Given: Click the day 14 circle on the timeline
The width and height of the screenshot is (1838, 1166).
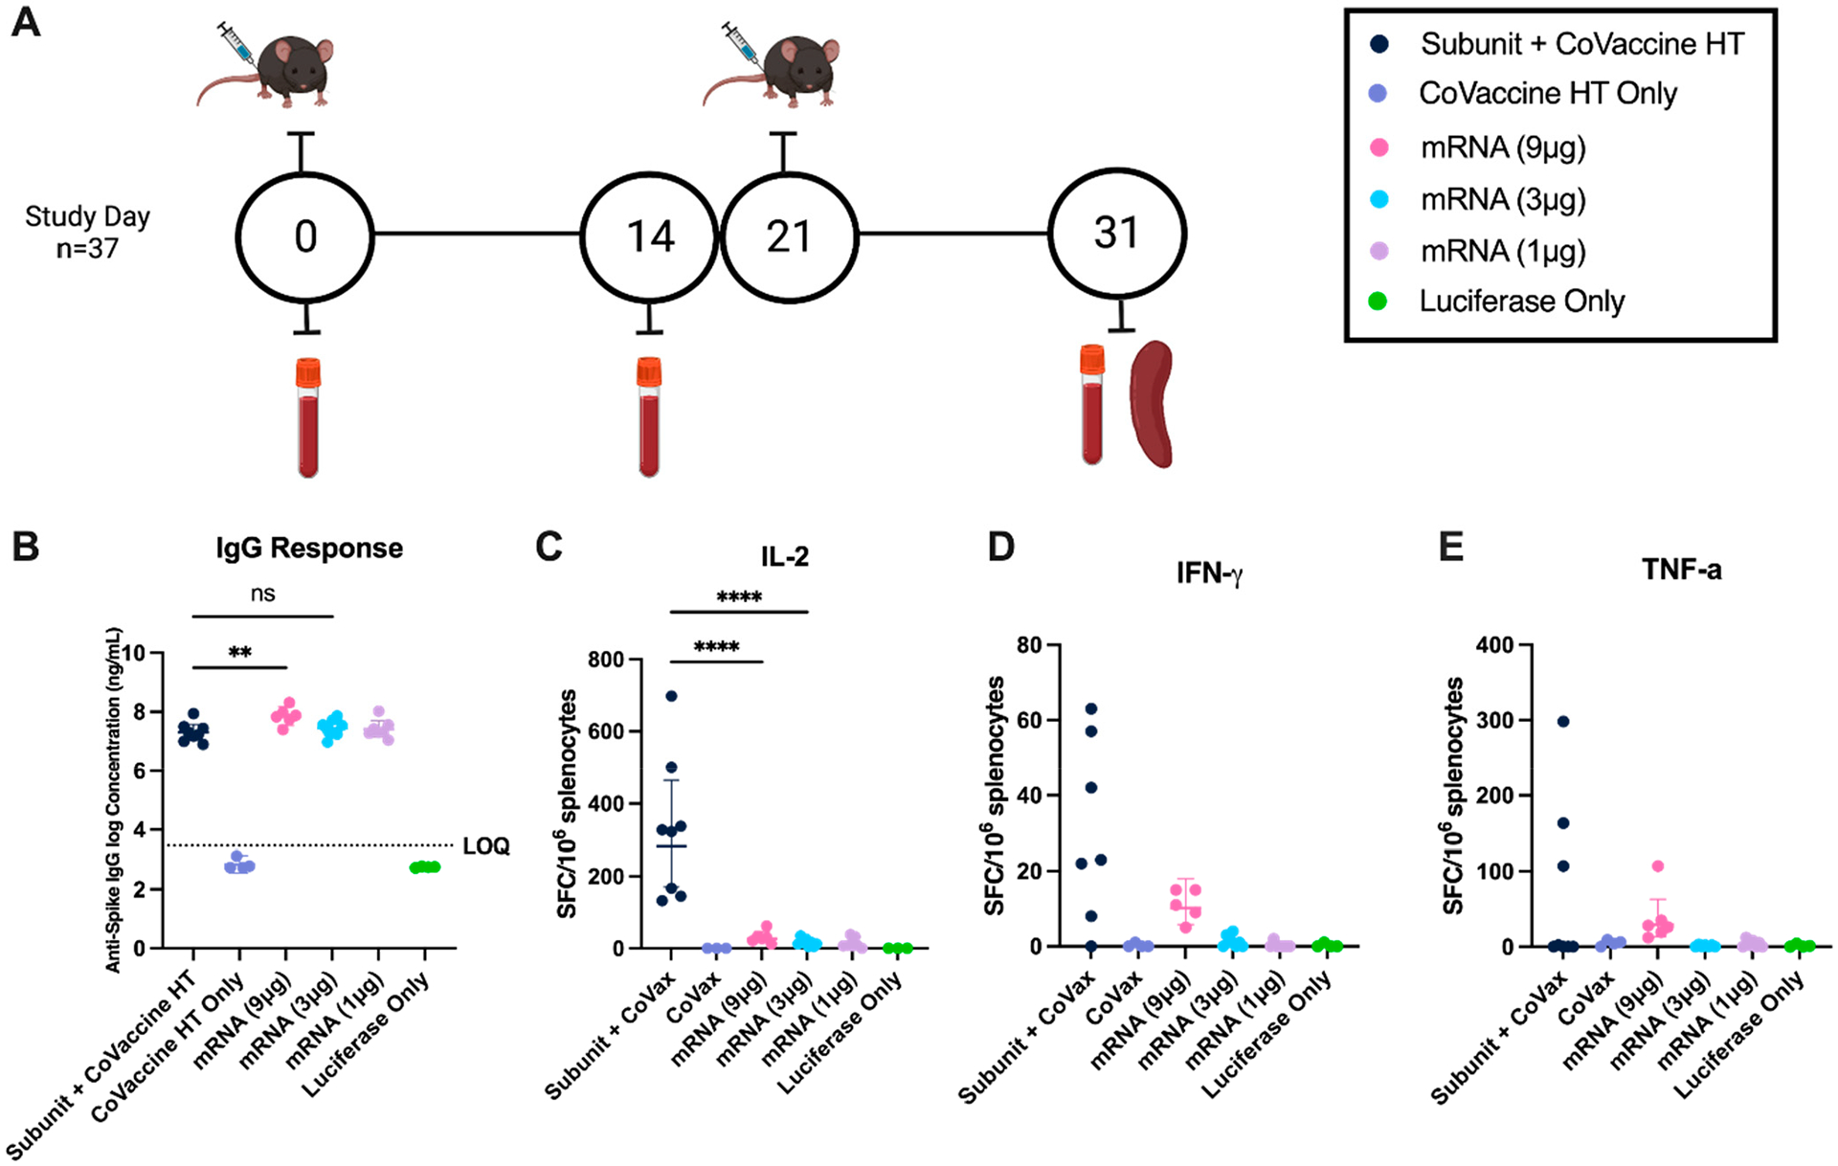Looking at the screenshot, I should (x=650, y=235).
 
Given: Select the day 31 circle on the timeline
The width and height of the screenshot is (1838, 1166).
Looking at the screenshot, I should (x=1117, y=234).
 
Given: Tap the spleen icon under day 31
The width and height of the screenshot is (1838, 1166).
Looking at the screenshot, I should (x=1151, y=404).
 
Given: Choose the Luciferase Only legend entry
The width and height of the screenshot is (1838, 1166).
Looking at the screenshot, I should (x=1521, y=302).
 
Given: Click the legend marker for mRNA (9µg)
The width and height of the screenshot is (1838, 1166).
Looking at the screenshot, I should (x=1379, y=147).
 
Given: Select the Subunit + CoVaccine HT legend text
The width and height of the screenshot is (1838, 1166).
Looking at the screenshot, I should (x=1581, y=44).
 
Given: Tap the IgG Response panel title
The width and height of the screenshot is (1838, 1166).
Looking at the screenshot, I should (x=309, y=549).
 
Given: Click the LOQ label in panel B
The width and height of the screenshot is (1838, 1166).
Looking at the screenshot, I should (x=486, y=846).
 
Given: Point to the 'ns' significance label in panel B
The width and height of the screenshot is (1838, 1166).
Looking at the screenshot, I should (x=262, y=594).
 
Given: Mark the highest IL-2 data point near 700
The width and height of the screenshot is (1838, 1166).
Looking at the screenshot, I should (x=671, y=696).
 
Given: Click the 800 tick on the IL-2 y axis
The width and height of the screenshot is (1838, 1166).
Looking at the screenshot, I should (x=605, y=660).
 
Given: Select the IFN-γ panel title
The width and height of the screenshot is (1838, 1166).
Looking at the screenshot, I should (x=1210, y=573).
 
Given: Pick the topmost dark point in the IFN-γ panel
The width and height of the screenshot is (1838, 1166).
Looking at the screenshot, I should (x=1090, y=709).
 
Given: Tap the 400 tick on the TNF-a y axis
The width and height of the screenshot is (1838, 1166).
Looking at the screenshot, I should (x=1495, y=645).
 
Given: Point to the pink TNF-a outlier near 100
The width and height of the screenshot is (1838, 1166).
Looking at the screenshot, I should (x=1658, y=866).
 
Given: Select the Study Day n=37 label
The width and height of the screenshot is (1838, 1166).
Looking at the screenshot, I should (x=87, y=233).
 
